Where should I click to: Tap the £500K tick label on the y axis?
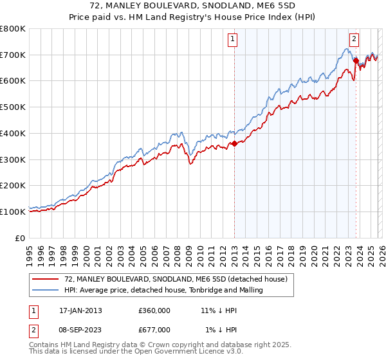pos(13,107)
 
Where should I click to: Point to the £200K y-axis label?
pos(13,186)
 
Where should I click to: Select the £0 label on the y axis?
pos(19,238)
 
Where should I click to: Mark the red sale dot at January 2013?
pos(234,144)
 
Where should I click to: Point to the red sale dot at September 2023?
pos(356,61)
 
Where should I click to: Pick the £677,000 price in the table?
pos(154,330)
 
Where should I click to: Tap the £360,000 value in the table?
pos(154,310)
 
